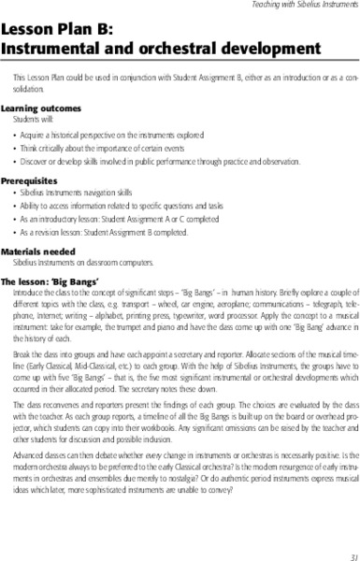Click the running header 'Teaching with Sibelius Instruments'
pyautogui.click(x=300, y=7)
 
